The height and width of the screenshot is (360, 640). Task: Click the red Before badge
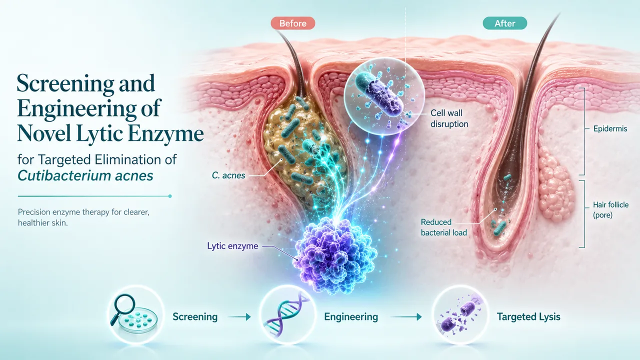(293, 23)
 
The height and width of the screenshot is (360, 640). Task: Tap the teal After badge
(505, 23)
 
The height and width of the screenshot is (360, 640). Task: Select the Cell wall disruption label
(449, 118)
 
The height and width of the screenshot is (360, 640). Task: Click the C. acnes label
(228, 175)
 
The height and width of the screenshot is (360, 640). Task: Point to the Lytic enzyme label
(232, 246)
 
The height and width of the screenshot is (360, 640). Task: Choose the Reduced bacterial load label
(443, 227)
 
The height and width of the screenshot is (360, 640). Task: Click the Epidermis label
(610, 129)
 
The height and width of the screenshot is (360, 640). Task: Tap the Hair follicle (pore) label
(610, 209)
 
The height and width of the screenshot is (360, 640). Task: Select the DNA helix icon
(287, 315)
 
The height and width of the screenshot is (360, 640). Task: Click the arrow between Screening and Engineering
(239, 317)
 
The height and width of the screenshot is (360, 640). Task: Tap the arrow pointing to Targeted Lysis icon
(406, 317)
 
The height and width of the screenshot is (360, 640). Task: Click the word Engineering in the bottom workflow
(351, 317)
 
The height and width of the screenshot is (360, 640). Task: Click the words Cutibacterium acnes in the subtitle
(85, 175)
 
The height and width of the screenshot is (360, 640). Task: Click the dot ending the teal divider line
(170, 196)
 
